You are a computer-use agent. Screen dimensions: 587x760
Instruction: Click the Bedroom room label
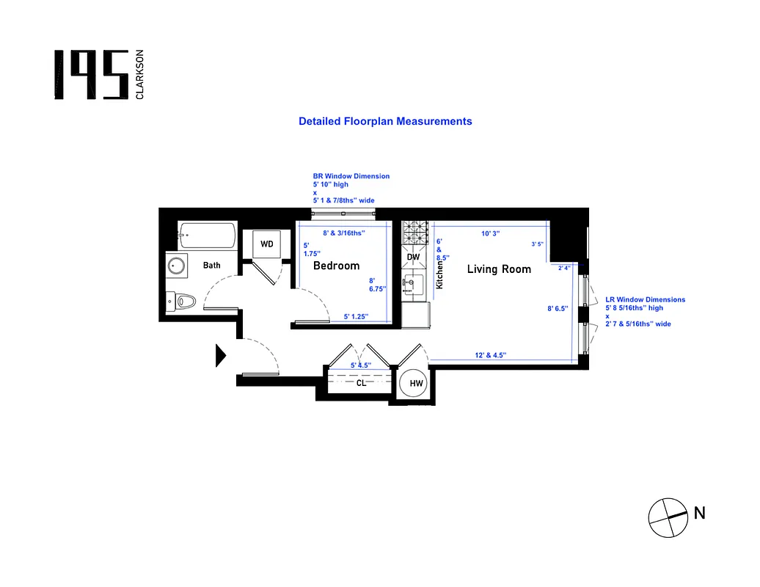tap(336, 266)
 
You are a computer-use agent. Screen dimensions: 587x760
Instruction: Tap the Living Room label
tap(499, 269)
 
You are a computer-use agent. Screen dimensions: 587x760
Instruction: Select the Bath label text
tap(211, 266)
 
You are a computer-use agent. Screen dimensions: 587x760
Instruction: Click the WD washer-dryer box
tap(266, 244)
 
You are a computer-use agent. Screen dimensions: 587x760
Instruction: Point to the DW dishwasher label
tap(413, 258)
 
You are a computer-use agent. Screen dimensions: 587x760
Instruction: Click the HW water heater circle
tap(416, 384)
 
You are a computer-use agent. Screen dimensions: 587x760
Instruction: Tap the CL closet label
tap(361, 382)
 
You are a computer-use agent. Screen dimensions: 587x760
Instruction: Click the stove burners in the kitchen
tap(416, 234)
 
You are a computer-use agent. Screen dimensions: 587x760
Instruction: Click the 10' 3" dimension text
tap(490, 233)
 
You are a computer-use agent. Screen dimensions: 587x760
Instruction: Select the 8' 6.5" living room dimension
tap(558, 309)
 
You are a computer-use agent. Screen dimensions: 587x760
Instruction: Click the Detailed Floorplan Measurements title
tap(385, 121)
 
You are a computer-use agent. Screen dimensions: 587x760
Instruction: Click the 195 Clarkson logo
tap(100, 75)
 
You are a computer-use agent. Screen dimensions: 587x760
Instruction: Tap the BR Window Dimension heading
tap(351, 176)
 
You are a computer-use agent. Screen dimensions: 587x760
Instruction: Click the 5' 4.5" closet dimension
tap(360, 365)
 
